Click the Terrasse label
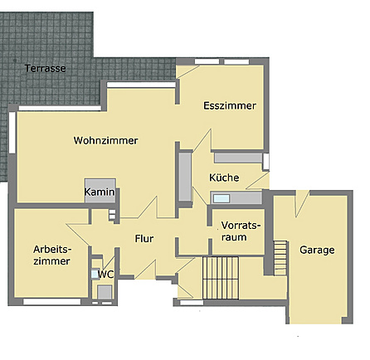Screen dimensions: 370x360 46,68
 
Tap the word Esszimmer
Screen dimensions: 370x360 230,105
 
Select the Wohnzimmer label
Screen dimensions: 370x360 105,140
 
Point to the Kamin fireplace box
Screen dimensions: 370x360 100,191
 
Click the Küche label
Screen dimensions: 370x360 224,178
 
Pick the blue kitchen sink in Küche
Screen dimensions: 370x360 222,198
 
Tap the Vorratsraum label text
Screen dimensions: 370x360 241,231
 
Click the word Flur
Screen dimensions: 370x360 144,239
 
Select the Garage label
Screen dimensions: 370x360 317,250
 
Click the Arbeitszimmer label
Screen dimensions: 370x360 52,255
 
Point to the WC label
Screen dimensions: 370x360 106,275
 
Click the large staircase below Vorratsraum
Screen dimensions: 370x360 221,278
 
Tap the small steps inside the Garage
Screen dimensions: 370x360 280,258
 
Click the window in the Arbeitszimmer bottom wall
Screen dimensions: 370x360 52,301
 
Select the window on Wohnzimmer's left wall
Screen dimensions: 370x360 12,133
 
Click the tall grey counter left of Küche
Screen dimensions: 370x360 185,177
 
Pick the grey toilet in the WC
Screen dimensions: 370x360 105,292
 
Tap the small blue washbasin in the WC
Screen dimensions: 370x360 95,274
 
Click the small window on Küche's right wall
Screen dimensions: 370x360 265,162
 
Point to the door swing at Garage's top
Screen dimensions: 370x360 302,203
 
